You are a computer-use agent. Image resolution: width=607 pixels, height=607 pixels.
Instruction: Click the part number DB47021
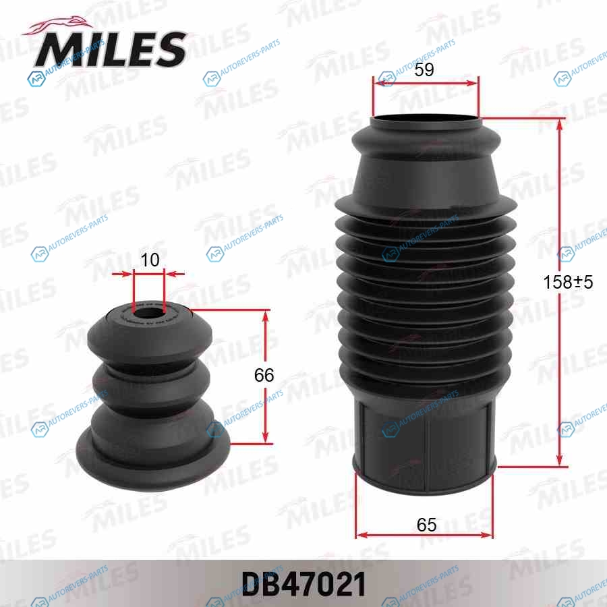click(x=304, y=584)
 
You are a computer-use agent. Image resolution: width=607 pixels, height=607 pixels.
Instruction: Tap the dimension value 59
click(x=424, y=69)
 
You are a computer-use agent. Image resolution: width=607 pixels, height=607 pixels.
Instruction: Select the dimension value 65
click(x=427, y=525)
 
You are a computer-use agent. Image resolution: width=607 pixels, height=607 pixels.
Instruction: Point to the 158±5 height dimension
click(x=568, y=282)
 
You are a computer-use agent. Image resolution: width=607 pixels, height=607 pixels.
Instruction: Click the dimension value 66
click(x=264, y=375)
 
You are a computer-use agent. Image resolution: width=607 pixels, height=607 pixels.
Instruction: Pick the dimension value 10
click(x=150, y=260)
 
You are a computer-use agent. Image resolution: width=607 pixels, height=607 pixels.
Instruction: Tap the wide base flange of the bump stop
click(x=153, y=461)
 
